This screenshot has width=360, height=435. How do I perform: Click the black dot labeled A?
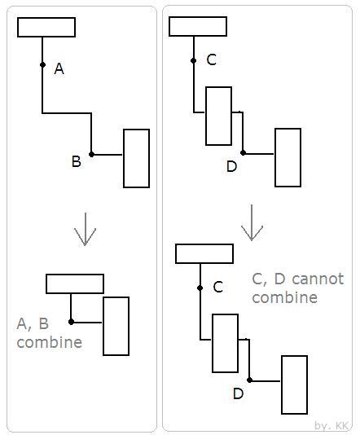tap(42, 64)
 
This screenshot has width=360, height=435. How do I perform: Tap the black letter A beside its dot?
tap(59, 68)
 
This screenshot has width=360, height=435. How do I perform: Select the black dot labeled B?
tap(91, 154)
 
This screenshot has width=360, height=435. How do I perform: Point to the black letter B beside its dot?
tap(77, 161)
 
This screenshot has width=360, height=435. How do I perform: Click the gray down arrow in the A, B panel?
tap(86, 229)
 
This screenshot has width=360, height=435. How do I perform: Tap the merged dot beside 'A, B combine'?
tap(71, 322)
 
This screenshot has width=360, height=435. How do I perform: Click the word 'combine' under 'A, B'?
tap(50, 342)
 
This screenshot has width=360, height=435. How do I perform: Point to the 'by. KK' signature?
tap(331, 425)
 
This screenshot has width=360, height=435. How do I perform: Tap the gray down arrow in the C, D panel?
tap(252, 222)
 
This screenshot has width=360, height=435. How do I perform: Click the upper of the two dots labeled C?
tap(194, 60)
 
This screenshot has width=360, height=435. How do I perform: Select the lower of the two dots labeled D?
tap(249, 380)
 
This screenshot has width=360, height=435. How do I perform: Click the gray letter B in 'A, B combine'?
tap(44, 323)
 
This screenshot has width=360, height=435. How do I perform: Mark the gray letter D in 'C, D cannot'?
tap(280, 279)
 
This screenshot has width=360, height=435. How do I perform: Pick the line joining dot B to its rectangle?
tap(107, 155)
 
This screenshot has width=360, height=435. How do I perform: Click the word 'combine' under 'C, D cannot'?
tap(285, 297)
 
